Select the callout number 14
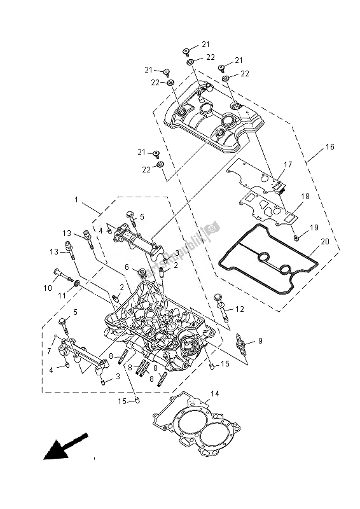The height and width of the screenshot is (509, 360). point(214,394)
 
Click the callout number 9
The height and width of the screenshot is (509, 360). point(259,342)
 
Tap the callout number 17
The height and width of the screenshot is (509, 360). point(287,164)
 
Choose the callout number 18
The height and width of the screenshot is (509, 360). point(305,197)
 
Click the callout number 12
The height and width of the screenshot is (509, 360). point(240,309)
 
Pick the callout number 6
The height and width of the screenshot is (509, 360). point(127,267)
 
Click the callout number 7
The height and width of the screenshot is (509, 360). point(49,350)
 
